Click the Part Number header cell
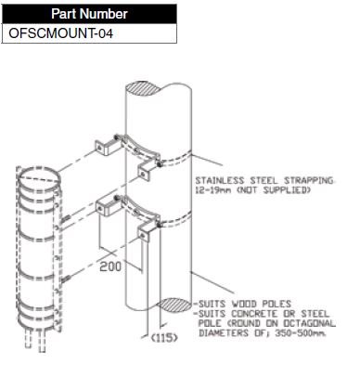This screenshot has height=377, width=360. pos(89,14)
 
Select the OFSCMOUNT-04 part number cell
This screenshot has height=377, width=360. pos(89,33)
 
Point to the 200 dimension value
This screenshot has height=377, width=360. pos(110,266)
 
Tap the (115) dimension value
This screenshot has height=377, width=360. pos(164,338)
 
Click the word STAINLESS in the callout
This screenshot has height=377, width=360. pos(220,180)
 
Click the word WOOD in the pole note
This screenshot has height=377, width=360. pos(244,304)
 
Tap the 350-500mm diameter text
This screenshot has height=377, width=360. pos(301,333)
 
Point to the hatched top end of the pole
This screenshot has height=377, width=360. pos(143,88)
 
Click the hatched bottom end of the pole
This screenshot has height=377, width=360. pos(175,305)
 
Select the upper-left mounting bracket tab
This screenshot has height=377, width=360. pos(104,147)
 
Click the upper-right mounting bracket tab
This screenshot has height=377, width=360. pos(145,173)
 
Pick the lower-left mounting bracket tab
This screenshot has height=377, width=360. pos(105,208)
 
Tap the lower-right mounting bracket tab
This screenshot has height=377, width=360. pos(145,233)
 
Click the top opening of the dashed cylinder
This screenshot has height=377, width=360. pos(39,177)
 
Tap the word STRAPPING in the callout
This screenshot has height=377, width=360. pos(309,180)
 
